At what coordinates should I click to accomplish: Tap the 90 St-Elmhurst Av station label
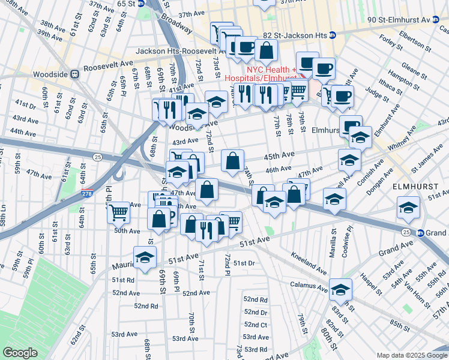(x=400, y=20)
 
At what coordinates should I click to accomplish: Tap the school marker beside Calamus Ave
(x=340, y=289)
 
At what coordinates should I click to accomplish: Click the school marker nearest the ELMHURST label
(x=408, y=208)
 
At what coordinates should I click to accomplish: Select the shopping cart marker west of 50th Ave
(x=119, y=211)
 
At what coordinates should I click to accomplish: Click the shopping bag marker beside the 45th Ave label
(x=232, y=160)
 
